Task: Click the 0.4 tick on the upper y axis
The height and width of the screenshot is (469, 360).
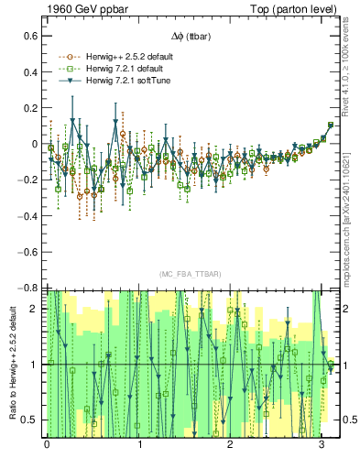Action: click(x=29, y=71)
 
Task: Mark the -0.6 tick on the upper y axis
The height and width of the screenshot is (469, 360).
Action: click(x=27, y=252)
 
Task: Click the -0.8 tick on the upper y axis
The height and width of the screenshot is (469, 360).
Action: click(x=27, y=288)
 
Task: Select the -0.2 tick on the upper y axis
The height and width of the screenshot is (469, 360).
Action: click(x=27, y=180)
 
